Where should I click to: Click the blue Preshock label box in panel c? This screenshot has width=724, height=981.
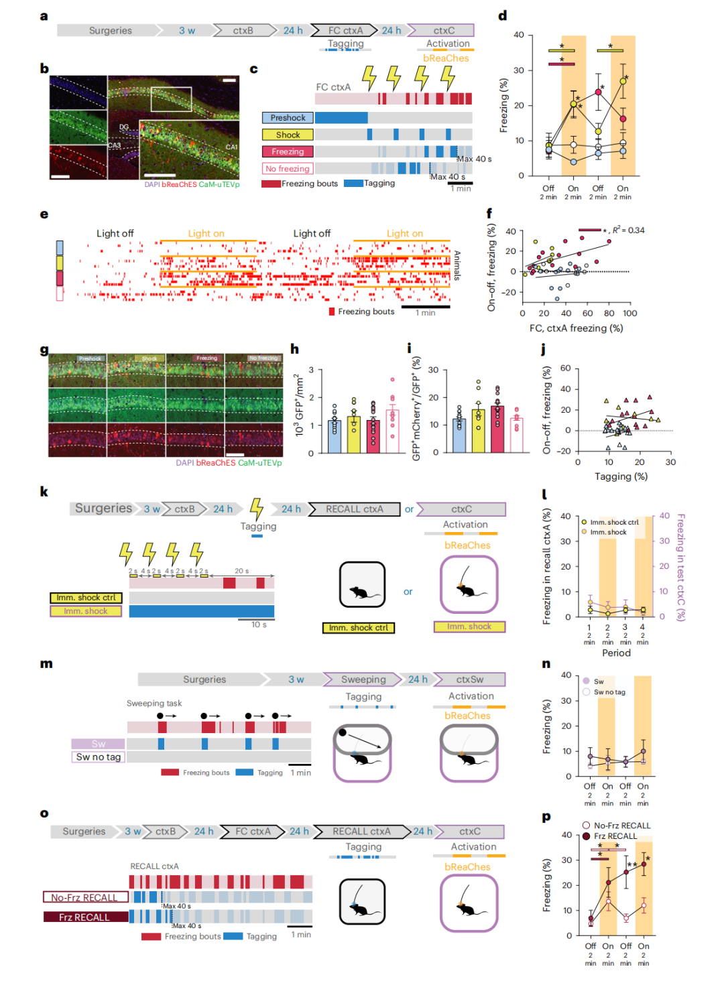coord(288,118)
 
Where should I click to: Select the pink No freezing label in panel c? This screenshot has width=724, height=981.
coord(288,169)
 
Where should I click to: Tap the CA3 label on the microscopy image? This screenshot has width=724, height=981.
coord(115,145)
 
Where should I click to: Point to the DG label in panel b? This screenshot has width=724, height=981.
coord(124,127)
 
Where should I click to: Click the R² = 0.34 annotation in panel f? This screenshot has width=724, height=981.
coord(628,231)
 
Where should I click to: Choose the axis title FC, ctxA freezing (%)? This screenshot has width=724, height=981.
coord(576,328)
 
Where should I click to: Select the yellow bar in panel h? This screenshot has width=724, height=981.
coord(354,434)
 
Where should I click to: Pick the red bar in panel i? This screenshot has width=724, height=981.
coord(497,429)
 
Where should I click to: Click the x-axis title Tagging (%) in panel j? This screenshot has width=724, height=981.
coord(621,476)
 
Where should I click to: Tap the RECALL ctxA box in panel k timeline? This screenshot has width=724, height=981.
coord(354,509)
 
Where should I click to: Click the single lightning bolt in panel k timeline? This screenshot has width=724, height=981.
coord(256,509)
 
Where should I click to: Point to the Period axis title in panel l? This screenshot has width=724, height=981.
coord(616,653)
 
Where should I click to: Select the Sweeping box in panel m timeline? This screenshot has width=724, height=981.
coord(363,679)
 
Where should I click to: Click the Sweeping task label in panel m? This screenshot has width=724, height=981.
coord(154,704)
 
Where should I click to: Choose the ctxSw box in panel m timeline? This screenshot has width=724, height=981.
coord(470,679)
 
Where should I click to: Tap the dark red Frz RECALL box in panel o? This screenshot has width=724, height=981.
coord(85,917)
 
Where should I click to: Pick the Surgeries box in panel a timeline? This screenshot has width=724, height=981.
coord(111,31)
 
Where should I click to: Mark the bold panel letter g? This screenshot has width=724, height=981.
coord(44,350)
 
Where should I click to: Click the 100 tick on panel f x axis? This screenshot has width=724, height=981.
coord(630,314)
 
